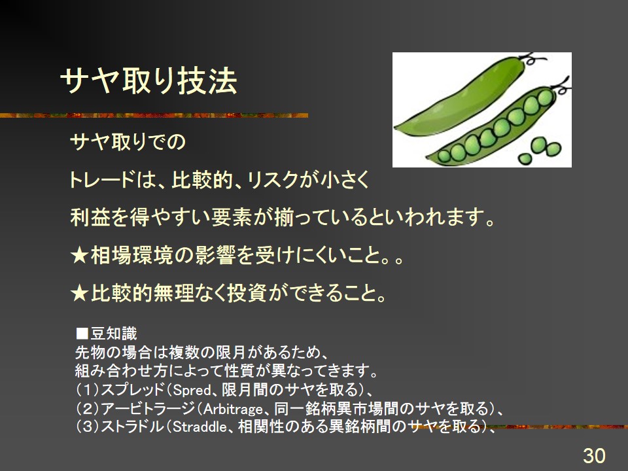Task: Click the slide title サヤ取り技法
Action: click(x=148, y=81)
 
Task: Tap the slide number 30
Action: click(x=594, y=456)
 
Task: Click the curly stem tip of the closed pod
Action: click(x=532, y=60)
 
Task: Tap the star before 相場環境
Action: click(x=79, y=256)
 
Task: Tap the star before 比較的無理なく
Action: click(x=79, y=294)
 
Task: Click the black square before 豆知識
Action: click(x=82, y=334)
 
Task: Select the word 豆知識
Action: click(x=114, y=334)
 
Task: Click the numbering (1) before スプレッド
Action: click(x=88, y=390)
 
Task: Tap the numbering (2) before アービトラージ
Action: click(x=88, y=409)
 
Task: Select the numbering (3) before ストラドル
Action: click(x=88, y=427)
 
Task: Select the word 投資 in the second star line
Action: click(x=247, y=294)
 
